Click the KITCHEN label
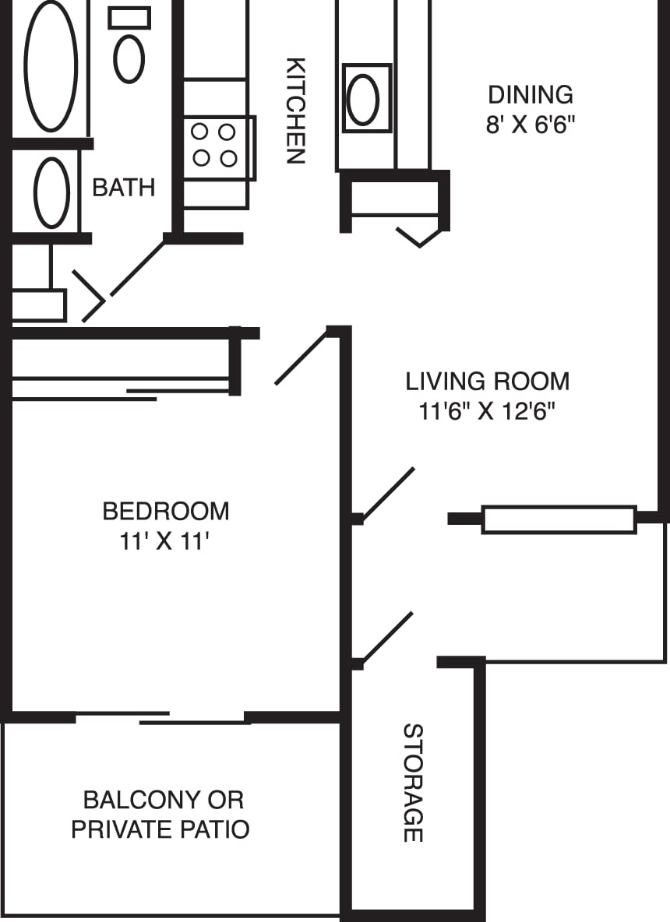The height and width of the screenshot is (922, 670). pyautogui.click(x=294, y=111)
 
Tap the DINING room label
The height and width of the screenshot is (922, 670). pyautogui.click(x=530, y=94)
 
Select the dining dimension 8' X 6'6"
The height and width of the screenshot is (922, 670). pyautogui.click(x=530, y=125)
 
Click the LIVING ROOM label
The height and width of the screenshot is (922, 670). pyautogui.click(x=488, y=382)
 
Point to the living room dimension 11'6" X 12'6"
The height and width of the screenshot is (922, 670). pyautogui.click(x=488, y=411)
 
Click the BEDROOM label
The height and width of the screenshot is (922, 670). pyautogui.click(x=166, y=512)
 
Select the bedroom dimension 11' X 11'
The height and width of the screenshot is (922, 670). pyautogui.click(x=166, y=541)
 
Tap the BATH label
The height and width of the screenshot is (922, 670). pyautogui.click(x=123, y=188)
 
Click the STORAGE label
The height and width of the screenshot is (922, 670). pyautogui.click(x=412, y=783)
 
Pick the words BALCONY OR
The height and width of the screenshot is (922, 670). pyautogui.click(x=164, y=800)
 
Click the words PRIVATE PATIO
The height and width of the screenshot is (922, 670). pyautogui.click(x=160, y=829)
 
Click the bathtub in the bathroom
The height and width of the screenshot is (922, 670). pyautogui.click(x=51, y=66)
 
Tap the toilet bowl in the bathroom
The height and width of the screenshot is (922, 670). pyautogui.click(x=129, y=58)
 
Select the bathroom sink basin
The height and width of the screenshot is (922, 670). pyautogui.click(x=52, y=192)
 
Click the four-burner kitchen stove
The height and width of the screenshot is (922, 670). pyautogui.click(x=215, y=146)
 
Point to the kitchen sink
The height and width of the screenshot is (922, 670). pyautogui.click(x=363, y=100)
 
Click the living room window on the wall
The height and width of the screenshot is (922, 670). pyautogui.click(x=559, y=519)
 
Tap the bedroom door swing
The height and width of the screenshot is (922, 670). pyautogui.click(x=301, y=358)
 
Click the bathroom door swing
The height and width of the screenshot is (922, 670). pyautogui.click(x=137, y=269)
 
